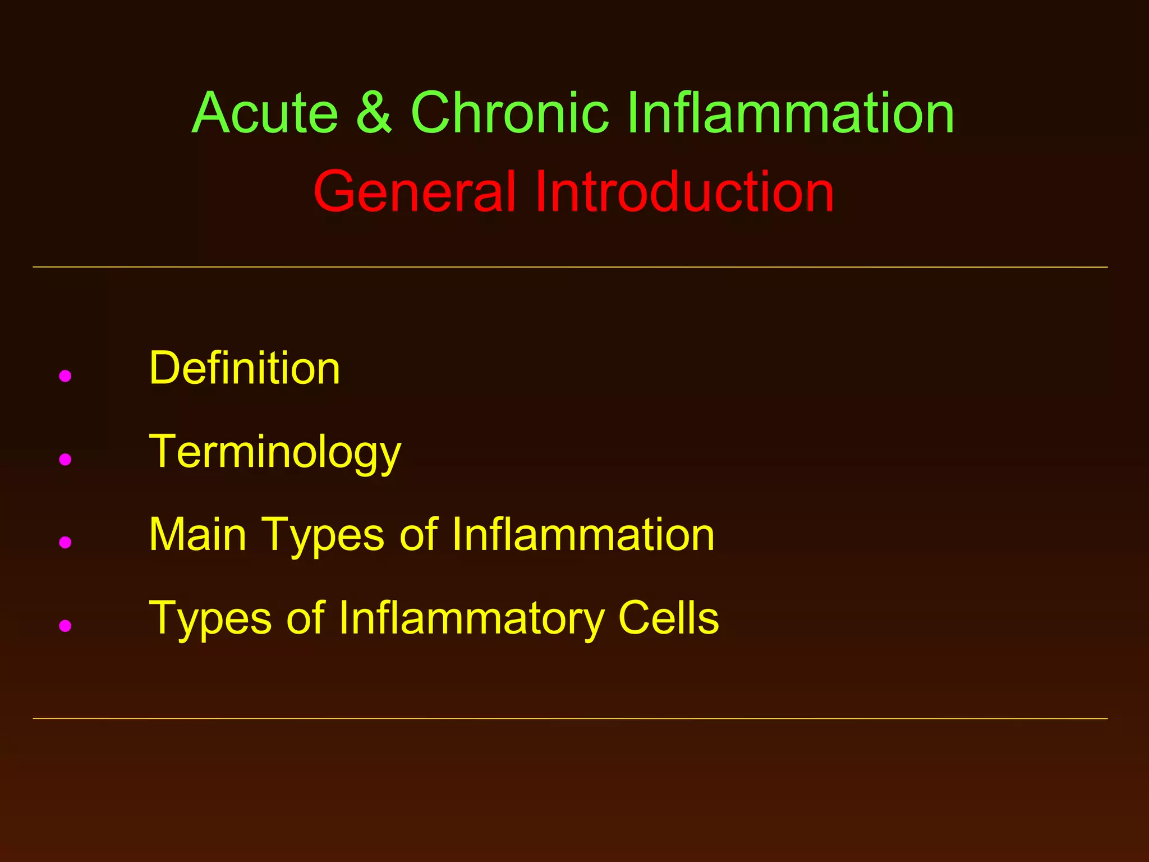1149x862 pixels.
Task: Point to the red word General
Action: [414, 192]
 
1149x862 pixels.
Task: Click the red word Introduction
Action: [684, 192]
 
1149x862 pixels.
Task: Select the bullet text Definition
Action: [245, 369]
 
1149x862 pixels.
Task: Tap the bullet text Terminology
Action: [275, 452]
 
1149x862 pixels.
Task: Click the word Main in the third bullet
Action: [197, 535]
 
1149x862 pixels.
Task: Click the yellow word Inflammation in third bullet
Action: [583, 535]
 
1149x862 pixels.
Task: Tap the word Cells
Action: [668, 618]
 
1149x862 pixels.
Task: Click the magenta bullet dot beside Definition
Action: [65, 376]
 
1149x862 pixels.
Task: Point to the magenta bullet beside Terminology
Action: [65, 460]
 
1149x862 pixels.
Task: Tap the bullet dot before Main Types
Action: [65, 542]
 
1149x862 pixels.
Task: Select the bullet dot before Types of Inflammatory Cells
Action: [65, 625]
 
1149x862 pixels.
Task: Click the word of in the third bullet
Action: [418, 535]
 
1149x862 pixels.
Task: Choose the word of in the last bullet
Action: [306, 618]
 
